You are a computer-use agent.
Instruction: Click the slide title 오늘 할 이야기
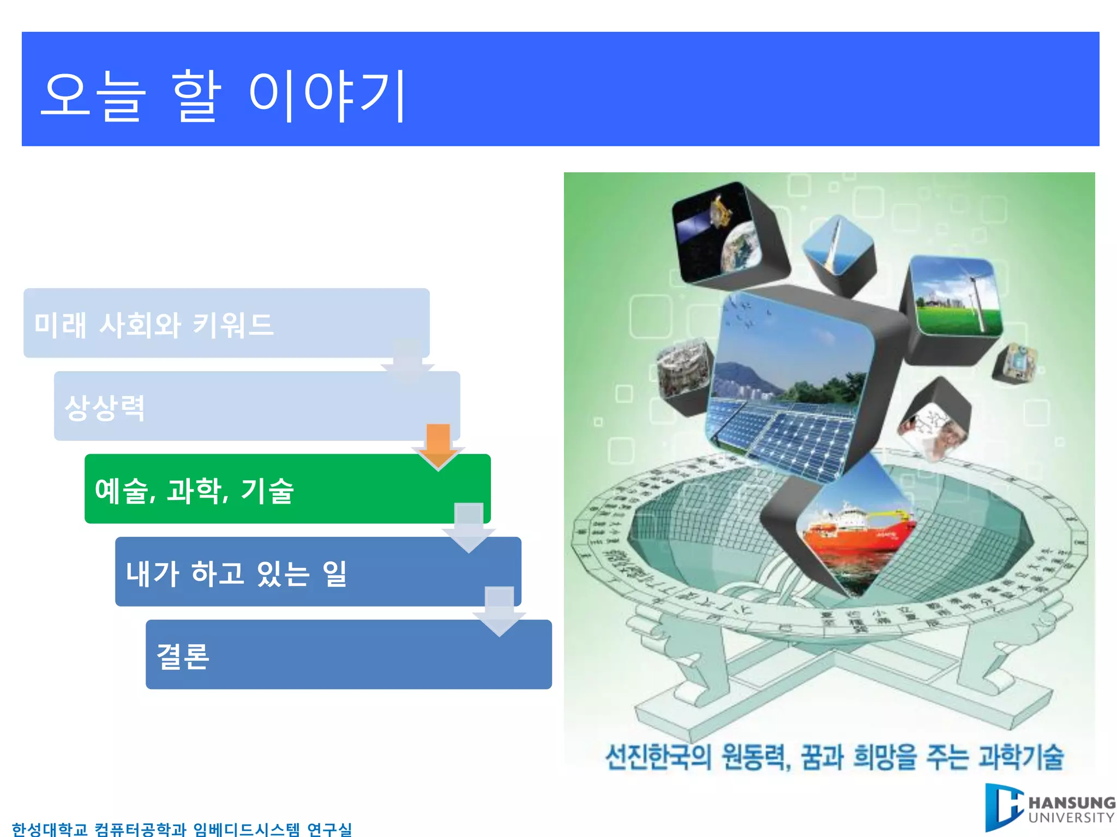(x=224, y=95)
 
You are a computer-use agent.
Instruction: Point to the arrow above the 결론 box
(x=499, y=610)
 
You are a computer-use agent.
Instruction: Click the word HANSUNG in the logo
(x=1071, y=803)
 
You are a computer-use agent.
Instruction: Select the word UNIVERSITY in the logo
(x=1071, y=817)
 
